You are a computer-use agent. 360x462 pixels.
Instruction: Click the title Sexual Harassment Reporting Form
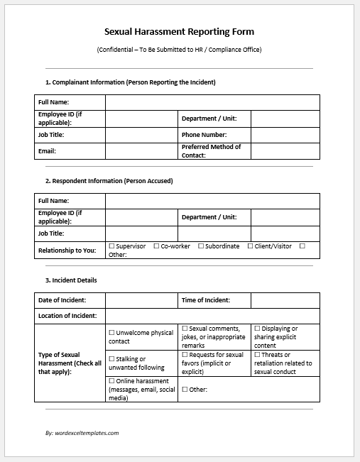point(179,31)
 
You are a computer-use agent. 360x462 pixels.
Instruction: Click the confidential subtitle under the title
point(179,49)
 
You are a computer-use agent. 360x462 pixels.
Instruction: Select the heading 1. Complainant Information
point(130,82)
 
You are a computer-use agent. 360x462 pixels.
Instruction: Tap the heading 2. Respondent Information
point(109,181)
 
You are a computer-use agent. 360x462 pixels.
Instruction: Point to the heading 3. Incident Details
point(71,280)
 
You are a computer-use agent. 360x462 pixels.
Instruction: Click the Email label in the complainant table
point(47,151)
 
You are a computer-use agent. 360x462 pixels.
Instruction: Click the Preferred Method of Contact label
point(211,150)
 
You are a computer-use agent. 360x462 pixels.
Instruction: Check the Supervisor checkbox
point(111,246)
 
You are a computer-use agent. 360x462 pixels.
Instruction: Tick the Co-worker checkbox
point(156,246)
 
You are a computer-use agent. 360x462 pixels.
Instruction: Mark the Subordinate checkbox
point(200,246)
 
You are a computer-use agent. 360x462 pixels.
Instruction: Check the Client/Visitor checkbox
point(250,246)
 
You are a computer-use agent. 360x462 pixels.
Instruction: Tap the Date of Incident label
point(62,301)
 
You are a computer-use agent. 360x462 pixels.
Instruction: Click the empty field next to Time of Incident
point(285,301)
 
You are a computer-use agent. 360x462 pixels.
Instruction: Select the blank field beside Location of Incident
point(212,316)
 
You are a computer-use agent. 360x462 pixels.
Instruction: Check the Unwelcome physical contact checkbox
point(111,333)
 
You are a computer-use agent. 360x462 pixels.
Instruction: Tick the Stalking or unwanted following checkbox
point(111,359)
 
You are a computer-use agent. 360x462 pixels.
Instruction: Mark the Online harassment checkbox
point(111,382)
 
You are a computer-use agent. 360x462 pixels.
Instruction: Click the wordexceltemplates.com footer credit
point(82,432)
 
